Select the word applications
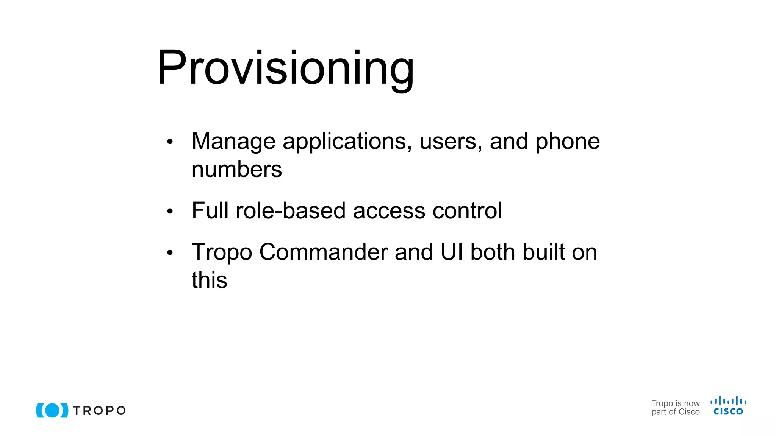point(347,142)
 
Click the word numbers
point(237,170)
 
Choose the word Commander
point(323,252)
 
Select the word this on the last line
point(209,280)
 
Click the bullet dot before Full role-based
point(170,211)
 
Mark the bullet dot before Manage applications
point(170,142)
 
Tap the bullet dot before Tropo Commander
point(170,252)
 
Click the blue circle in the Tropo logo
point(52,410)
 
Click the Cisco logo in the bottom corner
point(728,406)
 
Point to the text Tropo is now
point(675,403)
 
